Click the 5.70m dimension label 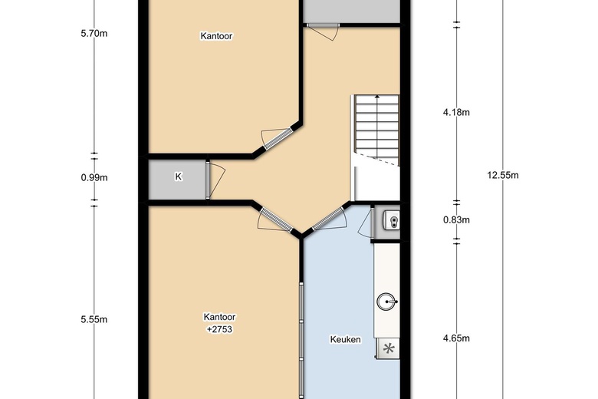(94, 34)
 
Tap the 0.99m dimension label (94, 177)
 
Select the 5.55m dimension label (94, 319)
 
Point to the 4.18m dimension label (456, 112)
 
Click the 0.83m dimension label (456, 220)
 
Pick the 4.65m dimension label (456, 338)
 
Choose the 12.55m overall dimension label (503, 175)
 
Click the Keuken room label (345, 339)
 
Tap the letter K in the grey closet (178, 176)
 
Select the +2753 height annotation (219, 329)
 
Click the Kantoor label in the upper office (216, 36)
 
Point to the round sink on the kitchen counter (386, 302)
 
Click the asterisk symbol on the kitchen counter (388, 348)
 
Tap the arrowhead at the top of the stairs (377, 97)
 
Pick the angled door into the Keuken (328, 219)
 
